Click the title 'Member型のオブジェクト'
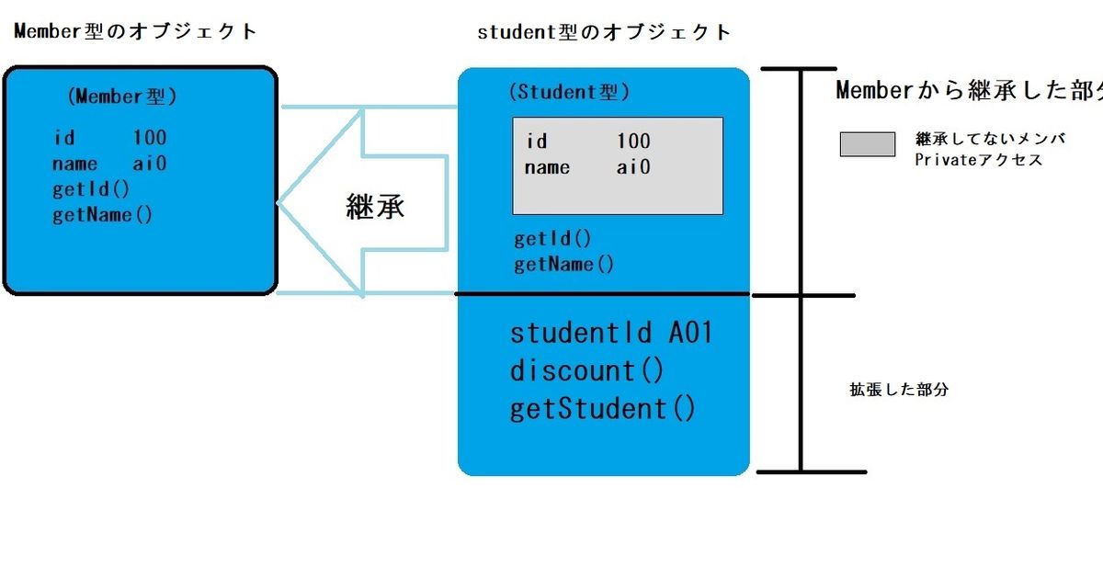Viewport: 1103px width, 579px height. click(x=136, y=31)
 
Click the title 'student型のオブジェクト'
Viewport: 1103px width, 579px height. click(x=604, y=32)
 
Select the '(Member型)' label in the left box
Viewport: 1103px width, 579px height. click(x=121, y=96)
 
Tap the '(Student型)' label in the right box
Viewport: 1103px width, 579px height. click(x=568, y=92)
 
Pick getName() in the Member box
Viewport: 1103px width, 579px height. click(x=103, y=215)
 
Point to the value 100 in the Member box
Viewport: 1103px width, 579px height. click(x=150, y=138)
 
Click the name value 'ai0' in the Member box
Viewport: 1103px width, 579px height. click(x=150, y=164)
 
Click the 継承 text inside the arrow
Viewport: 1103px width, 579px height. click(x=375, y=207)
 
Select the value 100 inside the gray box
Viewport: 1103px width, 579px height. click(x=633, y=142)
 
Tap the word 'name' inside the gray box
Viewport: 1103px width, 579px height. click(x=547, y=167)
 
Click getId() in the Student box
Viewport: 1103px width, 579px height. click(x=552, y=239)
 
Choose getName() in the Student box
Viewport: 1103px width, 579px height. click(x=563, y=265)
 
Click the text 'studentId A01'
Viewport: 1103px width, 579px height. click(x=611, y=333)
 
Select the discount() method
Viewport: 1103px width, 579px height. click(x=586, y=370)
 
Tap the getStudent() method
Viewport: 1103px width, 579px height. click(x=603, y=408)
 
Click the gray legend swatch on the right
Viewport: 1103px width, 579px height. click(x=867, y=144)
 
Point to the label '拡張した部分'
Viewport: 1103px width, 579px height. click(x=898, y=390)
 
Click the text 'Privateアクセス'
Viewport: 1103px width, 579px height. click(x=978, y=160)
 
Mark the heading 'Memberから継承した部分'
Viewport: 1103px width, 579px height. click(x=969, y=90)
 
